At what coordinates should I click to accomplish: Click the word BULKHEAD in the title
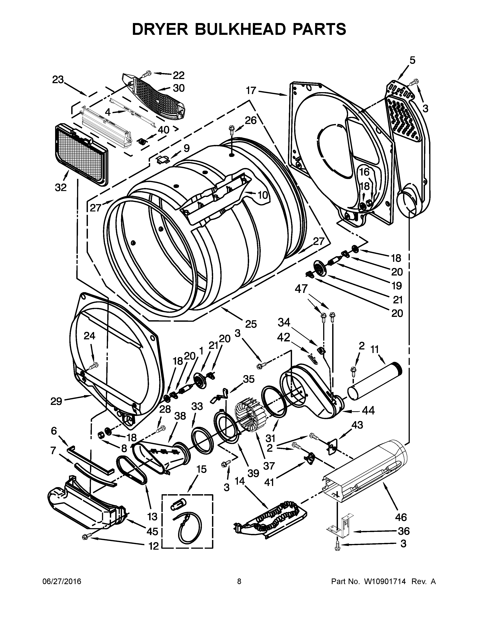(x=239, y=29)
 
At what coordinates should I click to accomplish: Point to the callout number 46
(x=401, y=517)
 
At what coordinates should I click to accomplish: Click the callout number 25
(x=251, y=324)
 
